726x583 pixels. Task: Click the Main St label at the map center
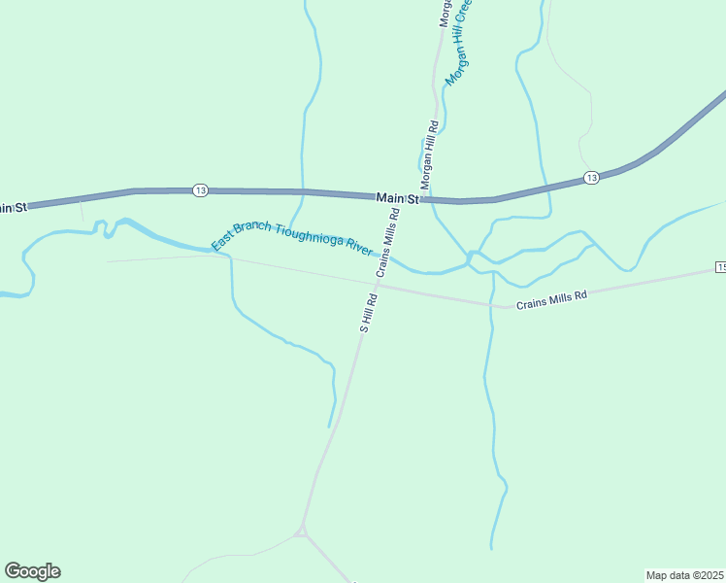click(397, 198)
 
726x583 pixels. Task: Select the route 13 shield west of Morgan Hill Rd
click(199, 189)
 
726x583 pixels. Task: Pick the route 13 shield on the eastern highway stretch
click(590, 178)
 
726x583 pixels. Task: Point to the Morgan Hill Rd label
click(429, 154)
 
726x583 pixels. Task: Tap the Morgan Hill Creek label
click(458, 44)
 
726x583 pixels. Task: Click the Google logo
click(32, 571)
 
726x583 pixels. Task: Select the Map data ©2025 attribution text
click(684, 574)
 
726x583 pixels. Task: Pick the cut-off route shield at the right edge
click(721, 266)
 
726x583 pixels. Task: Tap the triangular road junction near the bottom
click(302, 531)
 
